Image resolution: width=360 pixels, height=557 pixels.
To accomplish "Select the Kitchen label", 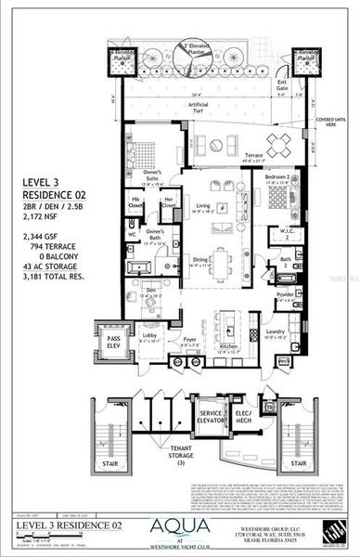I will click(227, 347).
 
